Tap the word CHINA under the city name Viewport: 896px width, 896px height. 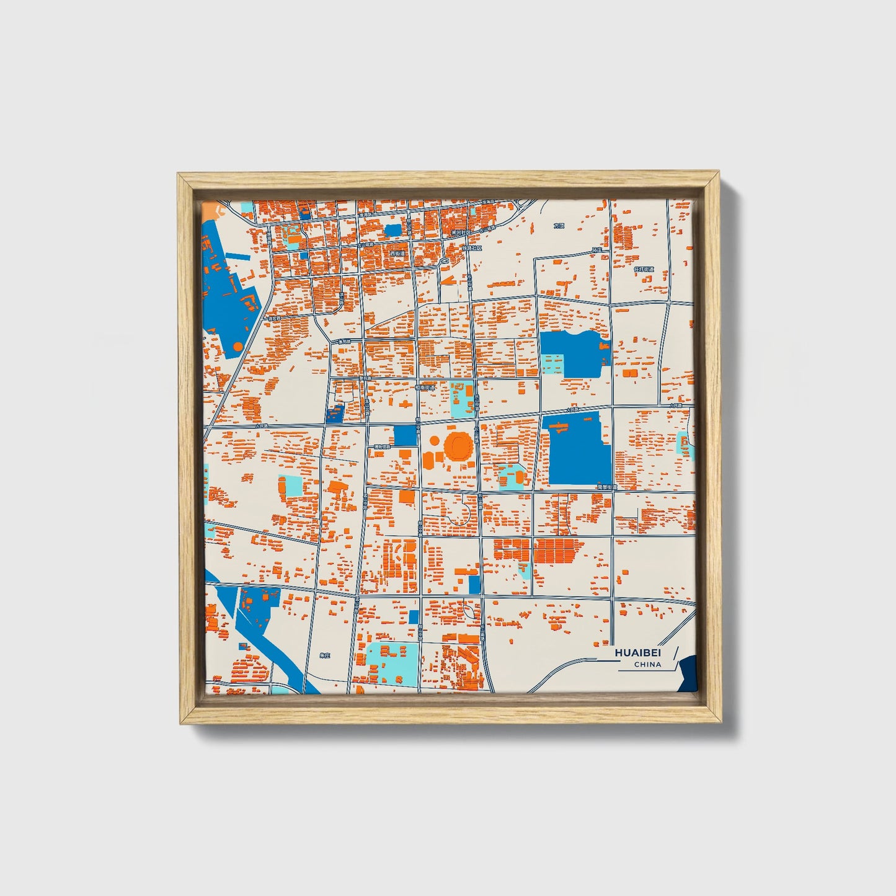pos(647,664)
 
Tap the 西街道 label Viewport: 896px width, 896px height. pos(397,253)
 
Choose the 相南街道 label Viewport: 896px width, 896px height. pos(426,387)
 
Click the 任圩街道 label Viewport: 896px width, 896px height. pos(644,269)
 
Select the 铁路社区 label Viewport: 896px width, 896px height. pos(472,247)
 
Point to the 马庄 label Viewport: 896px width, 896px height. pos(597,251)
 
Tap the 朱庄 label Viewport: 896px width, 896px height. pos(326,655)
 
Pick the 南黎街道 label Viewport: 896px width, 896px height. pos(607,487)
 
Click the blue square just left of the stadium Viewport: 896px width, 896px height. pos(405,435)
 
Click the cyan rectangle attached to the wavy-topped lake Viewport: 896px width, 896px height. pos(551,363)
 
